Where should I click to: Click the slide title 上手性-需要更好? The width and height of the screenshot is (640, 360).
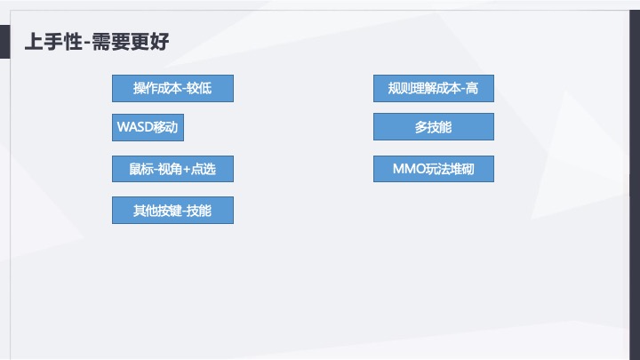[x=97, y=42]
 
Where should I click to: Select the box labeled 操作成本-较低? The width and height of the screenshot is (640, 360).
[x=172, y=88]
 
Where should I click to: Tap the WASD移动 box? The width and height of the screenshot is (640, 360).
[x=148, y=127]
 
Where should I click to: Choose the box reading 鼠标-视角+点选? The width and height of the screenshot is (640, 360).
[x=172, y=169]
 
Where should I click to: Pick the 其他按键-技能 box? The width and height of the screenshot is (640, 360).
[x=172, y=210]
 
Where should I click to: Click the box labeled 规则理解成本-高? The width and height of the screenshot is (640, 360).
[x=433, y=88]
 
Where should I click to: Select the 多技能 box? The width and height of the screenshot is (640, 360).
[x=433, y=127]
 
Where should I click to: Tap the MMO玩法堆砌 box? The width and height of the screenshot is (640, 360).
[x=433, y=169]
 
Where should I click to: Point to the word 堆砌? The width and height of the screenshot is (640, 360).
[x=461, y=169]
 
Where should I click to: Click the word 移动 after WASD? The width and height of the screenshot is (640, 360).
[x=165, y=127]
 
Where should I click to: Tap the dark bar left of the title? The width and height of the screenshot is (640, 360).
[x=4, y=42]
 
